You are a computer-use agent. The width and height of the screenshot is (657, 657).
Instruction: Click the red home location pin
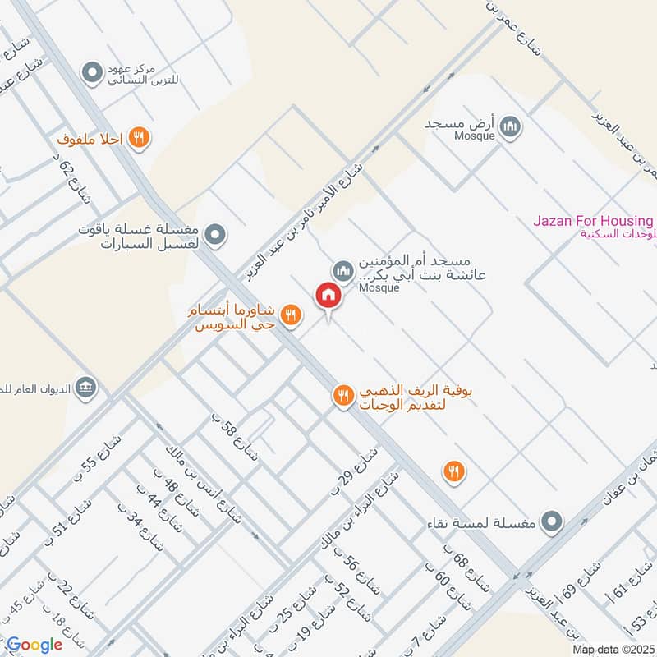point(328,296)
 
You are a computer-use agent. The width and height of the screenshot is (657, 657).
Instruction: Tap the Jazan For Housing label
point(593,222)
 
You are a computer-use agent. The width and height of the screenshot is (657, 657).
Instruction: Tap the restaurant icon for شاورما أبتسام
point(289,314)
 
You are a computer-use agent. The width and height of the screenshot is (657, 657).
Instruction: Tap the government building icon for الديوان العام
point(85,387)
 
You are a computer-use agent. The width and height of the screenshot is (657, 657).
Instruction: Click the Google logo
point(35,645)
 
